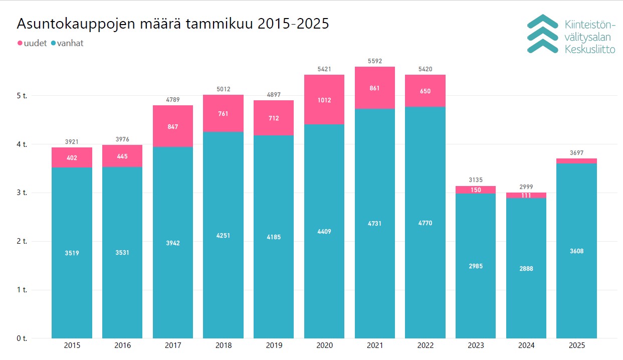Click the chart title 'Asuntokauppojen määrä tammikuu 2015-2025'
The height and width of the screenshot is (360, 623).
[x=173, y=24]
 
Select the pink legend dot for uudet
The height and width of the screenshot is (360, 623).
[x=20, y=44]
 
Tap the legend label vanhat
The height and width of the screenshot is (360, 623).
[x=70, y=44]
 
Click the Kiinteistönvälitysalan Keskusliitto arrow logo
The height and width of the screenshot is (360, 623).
[x=542, y=34]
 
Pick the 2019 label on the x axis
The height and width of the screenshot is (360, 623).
[x=274, y=345]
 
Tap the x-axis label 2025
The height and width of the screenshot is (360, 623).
[x=576, y=345]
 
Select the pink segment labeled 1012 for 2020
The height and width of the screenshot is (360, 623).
[x=324, y=99]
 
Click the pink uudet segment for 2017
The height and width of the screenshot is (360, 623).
[x=173, y=126]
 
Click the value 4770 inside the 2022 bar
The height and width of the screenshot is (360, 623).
[x=425, y=223]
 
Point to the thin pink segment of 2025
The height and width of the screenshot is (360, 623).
[x=576, y=160]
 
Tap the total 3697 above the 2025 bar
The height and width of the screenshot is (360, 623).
[x=576, y=153]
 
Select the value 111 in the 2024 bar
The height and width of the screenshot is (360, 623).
[x=526, y=196]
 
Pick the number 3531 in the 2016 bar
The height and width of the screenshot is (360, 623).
[x=122, y=253]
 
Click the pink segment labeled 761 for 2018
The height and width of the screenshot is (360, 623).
[x=223, y=114]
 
